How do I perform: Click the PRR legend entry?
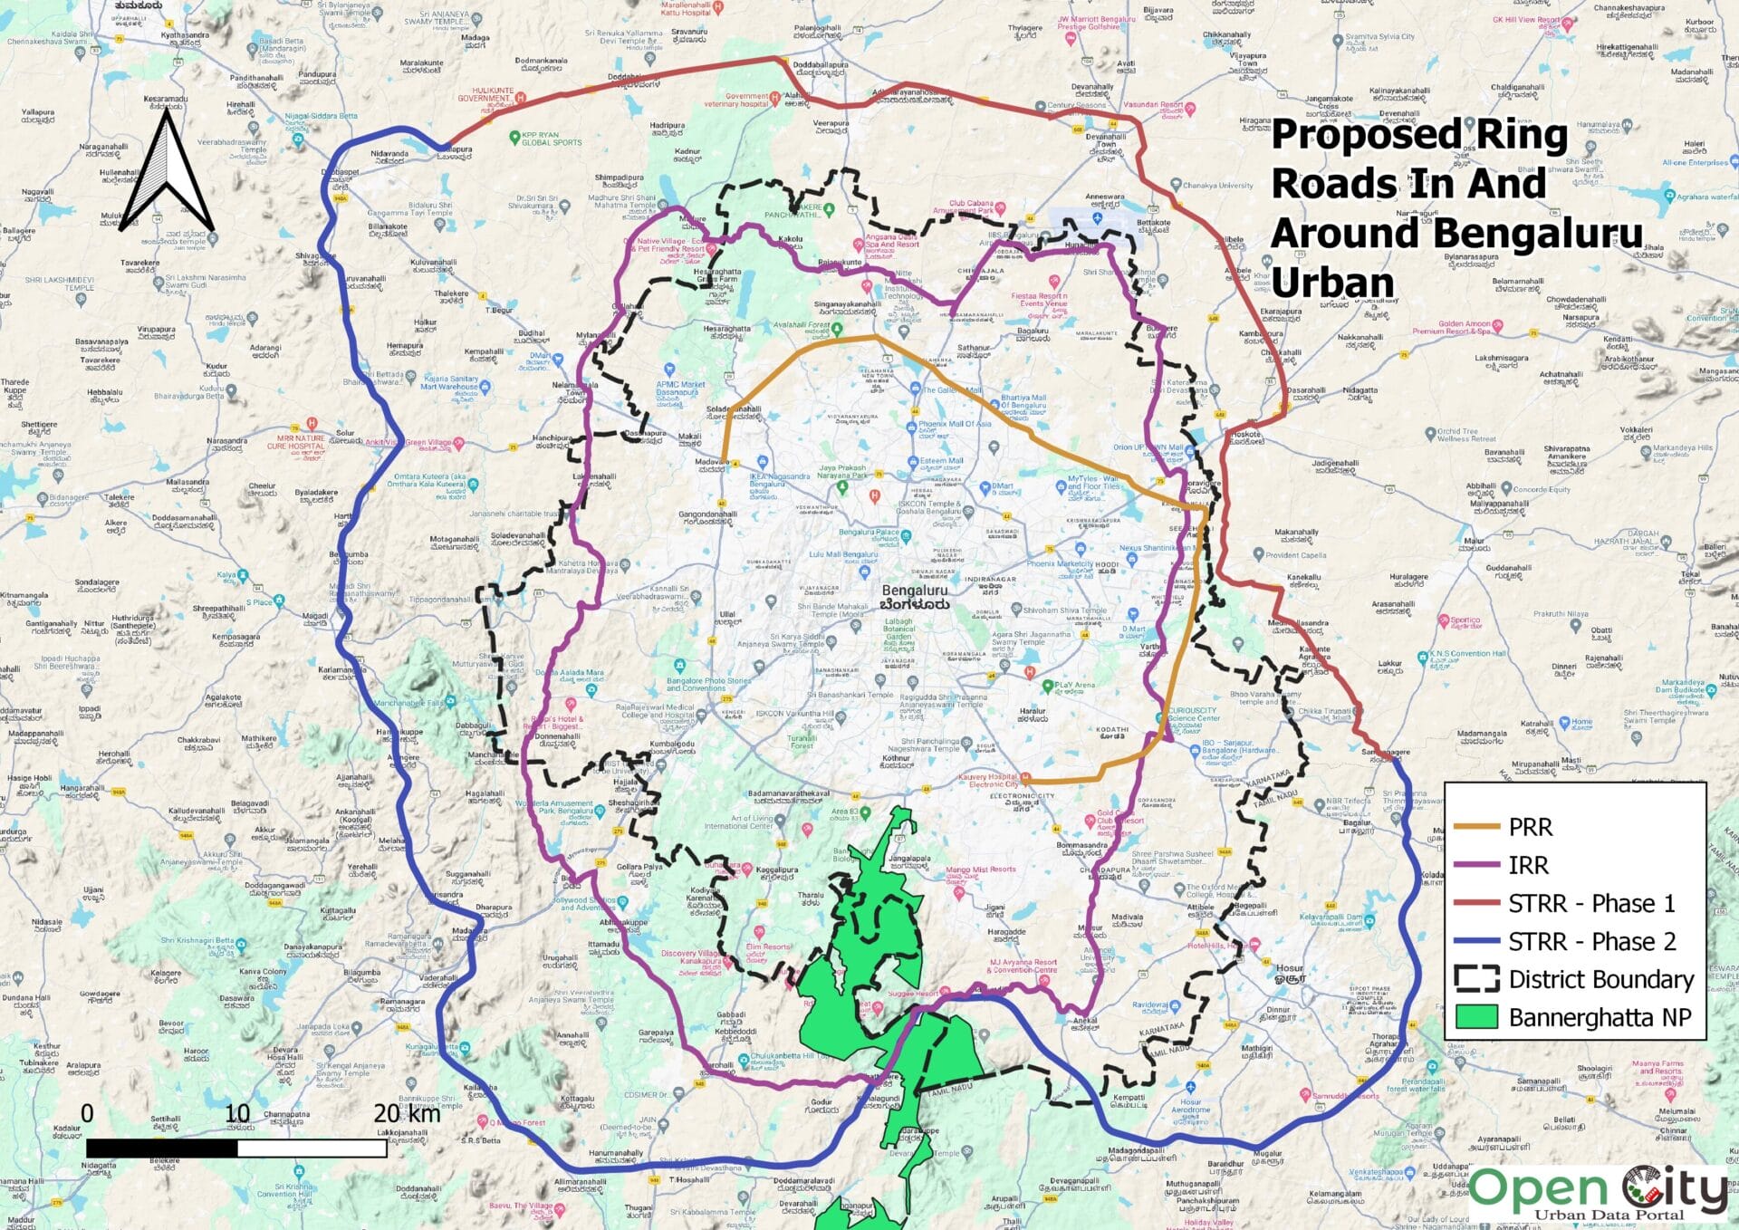(1530, 827)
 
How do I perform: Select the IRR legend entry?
(1528, 865)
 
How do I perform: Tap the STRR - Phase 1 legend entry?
(1590, 903)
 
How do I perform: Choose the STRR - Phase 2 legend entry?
(1591, 941)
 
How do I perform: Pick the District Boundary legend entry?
(1600, 979)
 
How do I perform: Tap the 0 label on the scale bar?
(87, 1112)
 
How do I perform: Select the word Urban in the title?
(1332, 283)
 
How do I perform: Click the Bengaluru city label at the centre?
(915, 591)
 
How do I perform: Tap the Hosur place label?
(1289, 968)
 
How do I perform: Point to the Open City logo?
(1599, 1193)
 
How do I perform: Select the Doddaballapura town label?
(821, 65)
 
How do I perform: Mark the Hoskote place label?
(1245, 434)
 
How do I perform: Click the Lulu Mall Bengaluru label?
(843, 554)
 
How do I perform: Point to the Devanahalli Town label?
(1107, 141)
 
